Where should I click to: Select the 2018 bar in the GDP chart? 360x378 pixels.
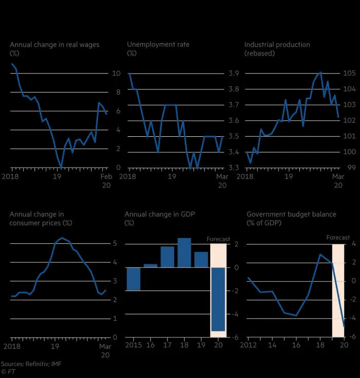click(184, 253)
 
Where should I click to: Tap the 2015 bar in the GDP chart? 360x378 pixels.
click(134, 279)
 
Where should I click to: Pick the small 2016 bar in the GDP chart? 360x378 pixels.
click(150, 265)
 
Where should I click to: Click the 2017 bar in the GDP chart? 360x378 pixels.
click(168, 257)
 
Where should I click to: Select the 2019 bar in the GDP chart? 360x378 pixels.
click(201, 259)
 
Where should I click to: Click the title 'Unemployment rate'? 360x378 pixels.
click(158, 45)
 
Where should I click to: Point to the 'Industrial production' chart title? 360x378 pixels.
click(277, 45)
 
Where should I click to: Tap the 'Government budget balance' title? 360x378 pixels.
click(291, 214)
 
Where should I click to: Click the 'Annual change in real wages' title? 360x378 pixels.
click(55, 45)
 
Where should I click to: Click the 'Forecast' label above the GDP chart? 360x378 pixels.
click(218, 240)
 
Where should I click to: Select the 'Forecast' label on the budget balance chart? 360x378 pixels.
click(338, 238)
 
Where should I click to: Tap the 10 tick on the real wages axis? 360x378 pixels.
click(116, 74)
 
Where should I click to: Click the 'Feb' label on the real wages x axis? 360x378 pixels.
click(106, 176)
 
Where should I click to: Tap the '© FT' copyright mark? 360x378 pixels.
click(8, 371)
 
